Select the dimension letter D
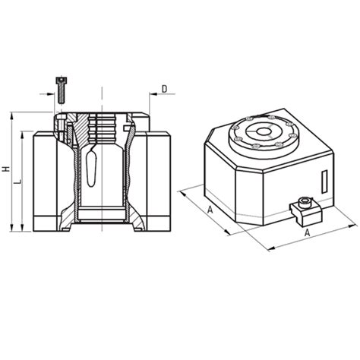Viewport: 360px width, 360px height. point(164,90)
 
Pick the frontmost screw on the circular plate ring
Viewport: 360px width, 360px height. point(259,147)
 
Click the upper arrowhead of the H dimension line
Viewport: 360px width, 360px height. point(12,116)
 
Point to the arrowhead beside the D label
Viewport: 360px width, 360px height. point(153,97)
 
